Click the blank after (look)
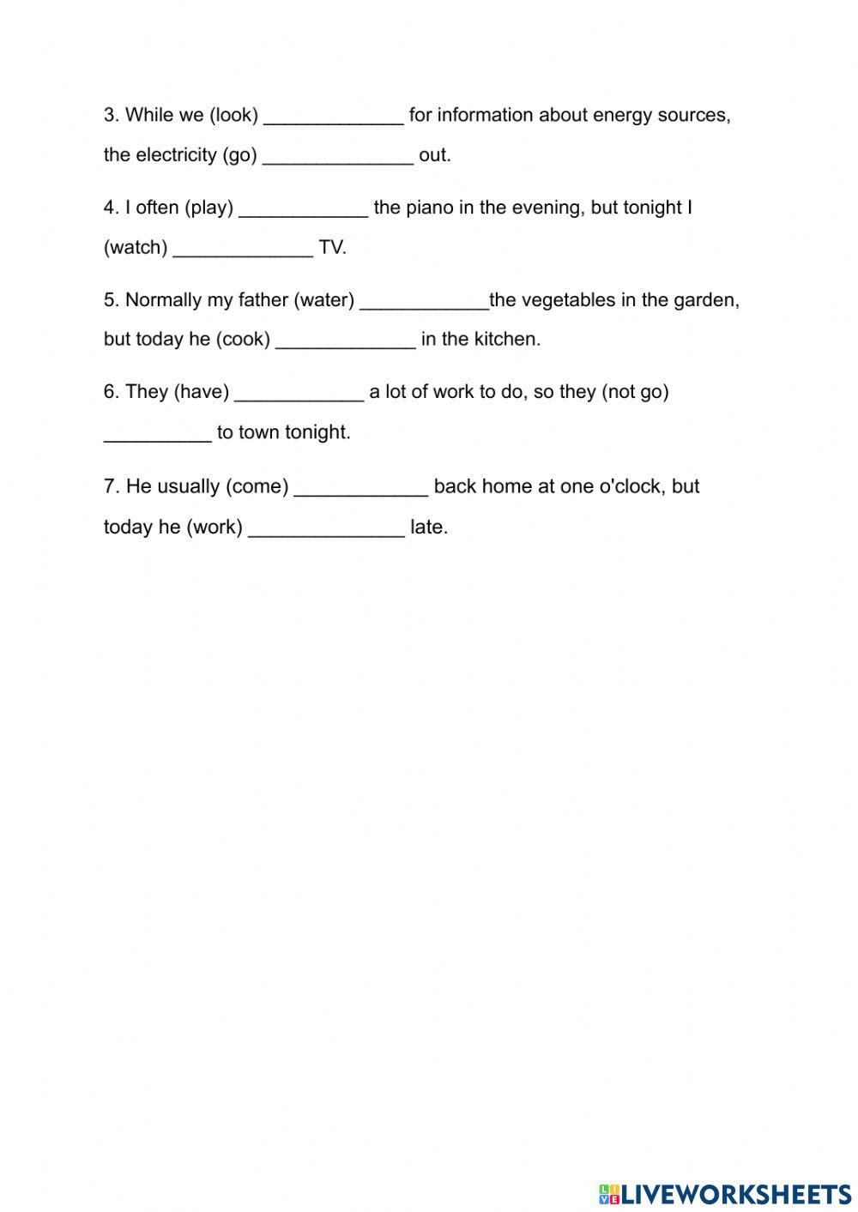tap(333, 117)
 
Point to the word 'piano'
tap(429, 208)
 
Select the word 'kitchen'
tap(508, 340)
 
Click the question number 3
tap(110, 115)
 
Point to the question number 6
tap(110, 392)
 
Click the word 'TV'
tap(331, 248)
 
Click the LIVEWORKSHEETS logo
tap(725, 1193)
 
